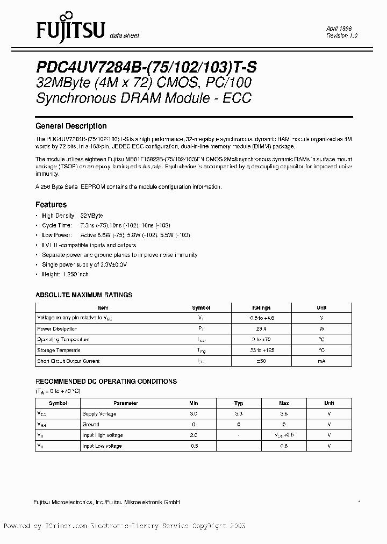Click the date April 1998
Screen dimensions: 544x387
click(339, 28)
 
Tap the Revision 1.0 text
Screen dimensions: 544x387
click(342, 35)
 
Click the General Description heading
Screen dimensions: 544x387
click(71, 126)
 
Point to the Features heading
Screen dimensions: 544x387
click(51, 204)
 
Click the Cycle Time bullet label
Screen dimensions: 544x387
click(57, 225)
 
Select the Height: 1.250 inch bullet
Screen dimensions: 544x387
click(66, 274)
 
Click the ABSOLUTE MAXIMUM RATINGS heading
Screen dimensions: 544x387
click(84, 295)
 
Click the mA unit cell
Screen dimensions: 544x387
click(321, 361)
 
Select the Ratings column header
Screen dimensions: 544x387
click(262, 307)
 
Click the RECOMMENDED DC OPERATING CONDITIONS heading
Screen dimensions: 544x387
click(106, 382)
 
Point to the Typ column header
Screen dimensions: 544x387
click(239, 403)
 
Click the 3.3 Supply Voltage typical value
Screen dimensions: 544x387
click(239, 414)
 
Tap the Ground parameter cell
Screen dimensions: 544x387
click(90, 425)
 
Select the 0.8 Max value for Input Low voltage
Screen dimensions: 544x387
click(284, 446)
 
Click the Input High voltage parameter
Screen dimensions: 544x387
click(103, 435)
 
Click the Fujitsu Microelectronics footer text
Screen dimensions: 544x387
click(107, 502)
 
